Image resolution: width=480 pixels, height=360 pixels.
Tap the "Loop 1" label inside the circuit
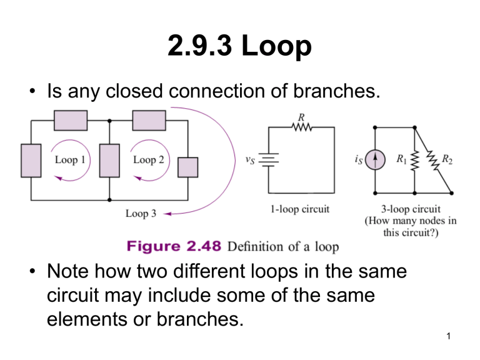[70, 160]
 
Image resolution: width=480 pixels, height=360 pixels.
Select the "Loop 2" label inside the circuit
[148, 160]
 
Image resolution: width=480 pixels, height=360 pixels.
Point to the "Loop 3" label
[141, 214]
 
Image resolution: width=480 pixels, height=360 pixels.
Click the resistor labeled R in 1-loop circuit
[301, 127]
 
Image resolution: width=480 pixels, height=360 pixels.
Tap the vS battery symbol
[269, 161]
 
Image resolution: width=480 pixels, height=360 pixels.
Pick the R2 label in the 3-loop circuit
[447, 159]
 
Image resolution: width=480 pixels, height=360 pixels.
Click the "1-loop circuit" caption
[301, 209]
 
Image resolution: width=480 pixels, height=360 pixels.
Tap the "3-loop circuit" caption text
[411, 209]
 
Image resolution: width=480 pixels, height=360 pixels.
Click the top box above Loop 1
[70, 117]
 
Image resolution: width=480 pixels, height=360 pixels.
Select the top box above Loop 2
[148, 117]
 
